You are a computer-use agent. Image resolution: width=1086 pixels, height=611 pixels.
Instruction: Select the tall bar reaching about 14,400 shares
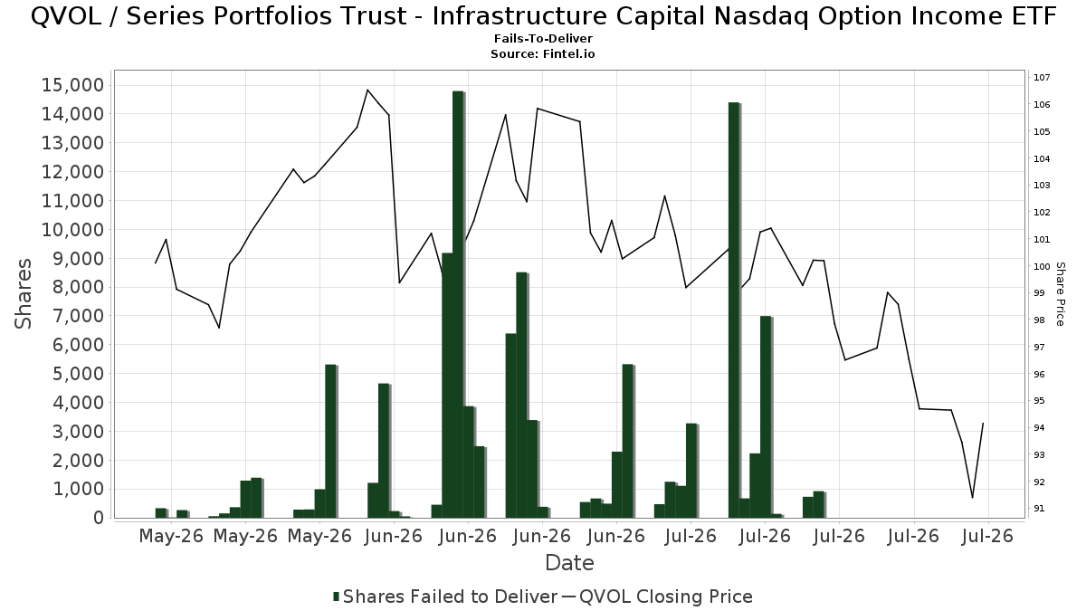(x=734, y=310)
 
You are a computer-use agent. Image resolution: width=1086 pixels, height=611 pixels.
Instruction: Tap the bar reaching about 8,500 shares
(x=521, y=396)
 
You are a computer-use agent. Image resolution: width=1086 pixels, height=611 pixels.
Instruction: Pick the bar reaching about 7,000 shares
(x=766, y=417)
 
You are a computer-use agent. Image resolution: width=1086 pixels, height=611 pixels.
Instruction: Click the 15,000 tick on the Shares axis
(x=73, y=85)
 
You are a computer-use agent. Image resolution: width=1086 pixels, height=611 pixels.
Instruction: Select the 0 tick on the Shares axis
(x=99, y=518)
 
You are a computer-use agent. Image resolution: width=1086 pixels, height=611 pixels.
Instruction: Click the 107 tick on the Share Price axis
(x=1042, y=78)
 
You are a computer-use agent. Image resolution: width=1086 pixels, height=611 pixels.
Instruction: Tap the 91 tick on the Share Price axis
(x=1039, y=508)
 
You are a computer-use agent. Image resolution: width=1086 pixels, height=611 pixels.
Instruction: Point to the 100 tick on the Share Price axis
(x=1042, y=266)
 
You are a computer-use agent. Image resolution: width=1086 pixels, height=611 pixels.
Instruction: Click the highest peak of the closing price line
(x=367, y=90)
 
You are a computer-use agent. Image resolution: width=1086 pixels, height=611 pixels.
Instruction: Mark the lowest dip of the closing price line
(x=972, y=498)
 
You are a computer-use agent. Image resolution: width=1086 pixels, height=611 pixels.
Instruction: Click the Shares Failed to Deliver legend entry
(x=445, y=597)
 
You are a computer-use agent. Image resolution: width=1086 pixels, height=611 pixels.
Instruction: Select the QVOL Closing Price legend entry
(x=657, y=597)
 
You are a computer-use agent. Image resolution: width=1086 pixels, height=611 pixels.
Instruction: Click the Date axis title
(x=569, y=563)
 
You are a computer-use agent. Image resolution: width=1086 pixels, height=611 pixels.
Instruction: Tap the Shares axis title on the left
(x=23, y=294)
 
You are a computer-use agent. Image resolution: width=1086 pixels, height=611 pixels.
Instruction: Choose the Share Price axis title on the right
(x=1061, y=294)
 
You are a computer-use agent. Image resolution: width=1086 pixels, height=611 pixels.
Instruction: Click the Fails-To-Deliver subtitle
(x=543, y=38)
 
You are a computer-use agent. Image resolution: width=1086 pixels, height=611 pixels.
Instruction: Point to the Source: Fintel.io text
(x=542, y=53)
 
